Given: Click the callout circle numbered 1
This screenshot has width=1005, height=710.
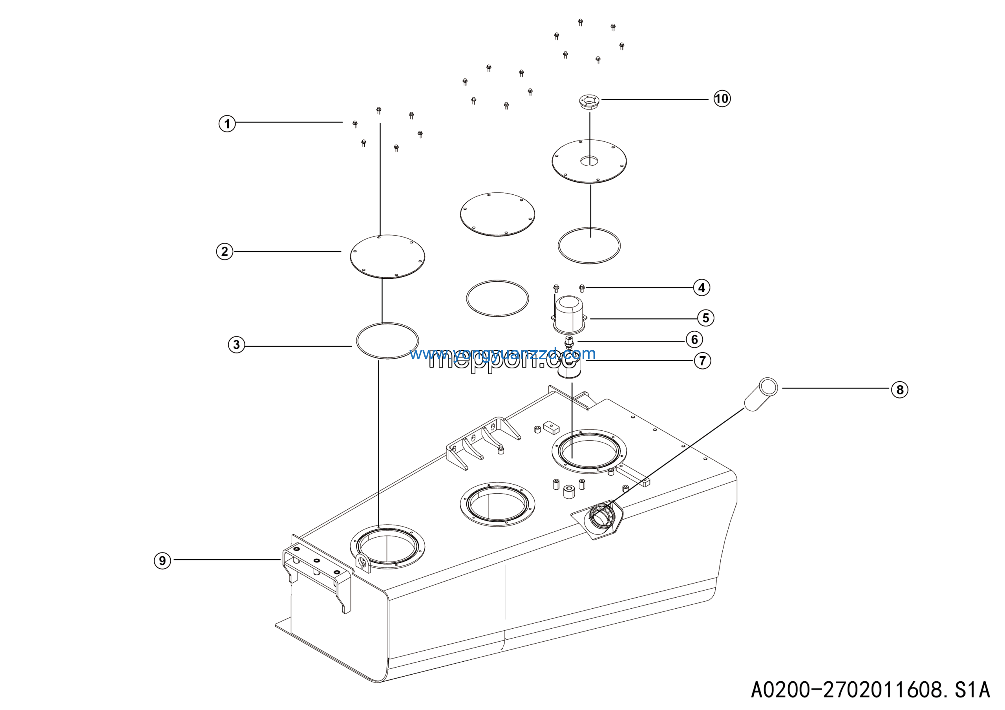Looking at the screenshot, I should coord(227,123).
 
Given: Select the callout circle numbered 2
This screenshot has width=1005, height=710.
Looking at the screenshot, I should coord(225,252).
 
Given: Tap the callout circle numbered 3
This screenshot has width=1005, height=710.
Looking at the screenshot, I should coord(236,344).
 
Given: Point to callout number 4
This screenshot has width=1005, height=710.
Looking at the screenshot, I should coord(702,287).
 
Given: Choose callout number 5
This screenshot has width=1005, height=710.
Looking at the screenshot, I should coord(705,318).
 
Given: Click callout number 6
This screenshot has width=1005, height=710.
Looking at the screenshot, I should coord(694,339).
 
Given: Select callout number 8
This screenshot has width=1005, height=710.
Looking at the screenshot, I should coord(899,390).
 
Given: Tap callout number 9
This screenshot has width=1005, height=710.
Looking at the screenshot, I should coord(163,560).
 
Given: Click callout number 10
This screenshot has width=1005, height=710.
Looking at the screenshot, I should coord(722,99).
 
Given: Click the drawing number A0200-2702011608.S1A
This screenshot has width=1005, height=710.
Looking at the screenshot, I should coord(870,690).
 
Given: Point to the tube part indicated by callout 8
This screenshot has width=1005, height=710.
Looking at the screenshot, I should coord(761,394).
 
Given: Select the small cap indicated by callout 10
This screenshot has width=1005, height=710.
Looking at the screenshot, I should coord(589,102).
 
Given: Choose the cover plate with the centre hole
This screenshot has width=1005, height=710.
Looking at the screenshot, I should coord(589,161).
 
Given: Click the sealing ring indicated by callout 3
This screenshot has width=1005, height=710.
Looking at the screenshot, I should coord(387,341).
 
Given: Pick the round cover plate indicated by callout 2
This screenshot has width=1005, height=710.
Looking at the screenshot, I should coord(387,256).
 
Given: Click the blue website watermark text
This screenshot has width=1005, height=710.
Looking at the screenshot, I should coord(502,353).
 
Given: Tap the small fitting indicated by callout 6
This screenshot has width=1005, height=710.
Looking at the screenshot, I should coord(568,342).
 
